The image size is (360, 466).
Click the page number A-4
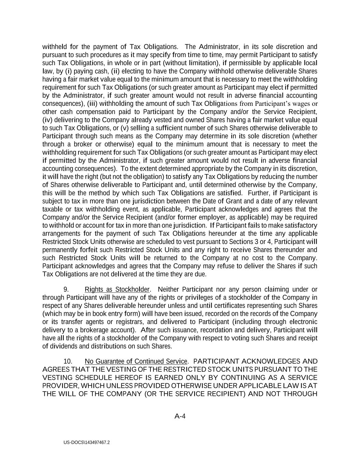tap(180, 416)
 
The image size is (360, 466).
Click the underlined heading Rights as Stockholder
tap(117, 290)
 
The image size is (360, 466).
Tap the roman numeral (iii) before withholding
tap(93, 104)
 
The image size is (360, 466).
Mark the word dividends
tap(62, 346)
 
